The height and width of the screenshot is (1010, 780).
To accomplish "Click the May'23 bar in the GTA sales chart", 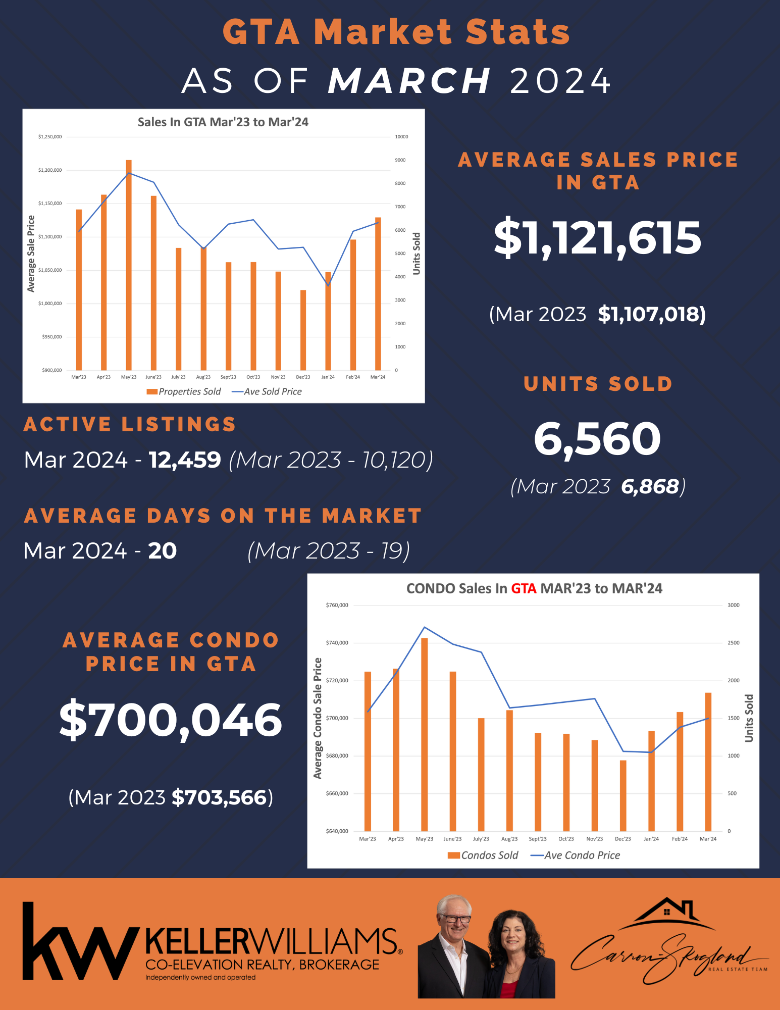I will tap(129, 265).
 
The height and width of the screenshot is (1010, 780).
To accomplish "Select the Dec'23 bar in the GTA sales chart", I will tap(303, 330).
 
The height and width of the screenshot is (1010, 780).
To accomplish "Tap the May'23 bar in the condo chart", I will tap(425, 734).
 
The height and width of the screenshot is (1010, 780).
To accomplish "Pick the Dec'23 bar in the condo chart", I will tap(623, 795).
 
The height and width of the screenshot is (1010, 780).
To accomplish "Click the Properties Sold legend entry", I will tap(184, 391).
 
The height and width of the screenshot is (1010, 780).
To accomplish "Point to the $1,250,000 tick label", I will tap(50, 137).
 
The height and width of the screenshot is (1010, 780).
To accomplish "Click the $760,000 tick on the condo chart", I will tap(337, 605).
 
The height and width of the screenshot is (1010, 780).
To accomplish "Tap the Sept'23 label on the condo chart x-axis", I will tap(538, 839).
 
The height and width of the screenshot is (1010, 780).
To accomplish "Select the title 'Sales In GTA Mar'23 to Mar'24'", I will tap(223, 122).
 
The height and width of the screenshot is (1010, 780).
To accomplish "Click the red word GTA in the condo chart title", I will tap(524, 589).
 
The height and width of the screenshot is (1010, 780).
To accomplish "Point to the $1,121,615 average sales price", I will tap(597, 238).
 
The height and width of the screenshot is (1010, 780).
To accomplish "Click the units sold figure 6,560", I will tap(597, 439).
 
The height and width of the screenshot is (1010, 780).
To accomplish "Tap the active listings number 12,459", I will tap(185, 460).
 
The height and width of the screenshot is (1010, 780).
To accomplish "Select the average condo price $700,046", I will tap(171, 720).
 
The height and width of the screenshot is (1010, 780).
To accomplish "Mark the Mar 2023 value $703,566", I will tap(219, 797).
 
